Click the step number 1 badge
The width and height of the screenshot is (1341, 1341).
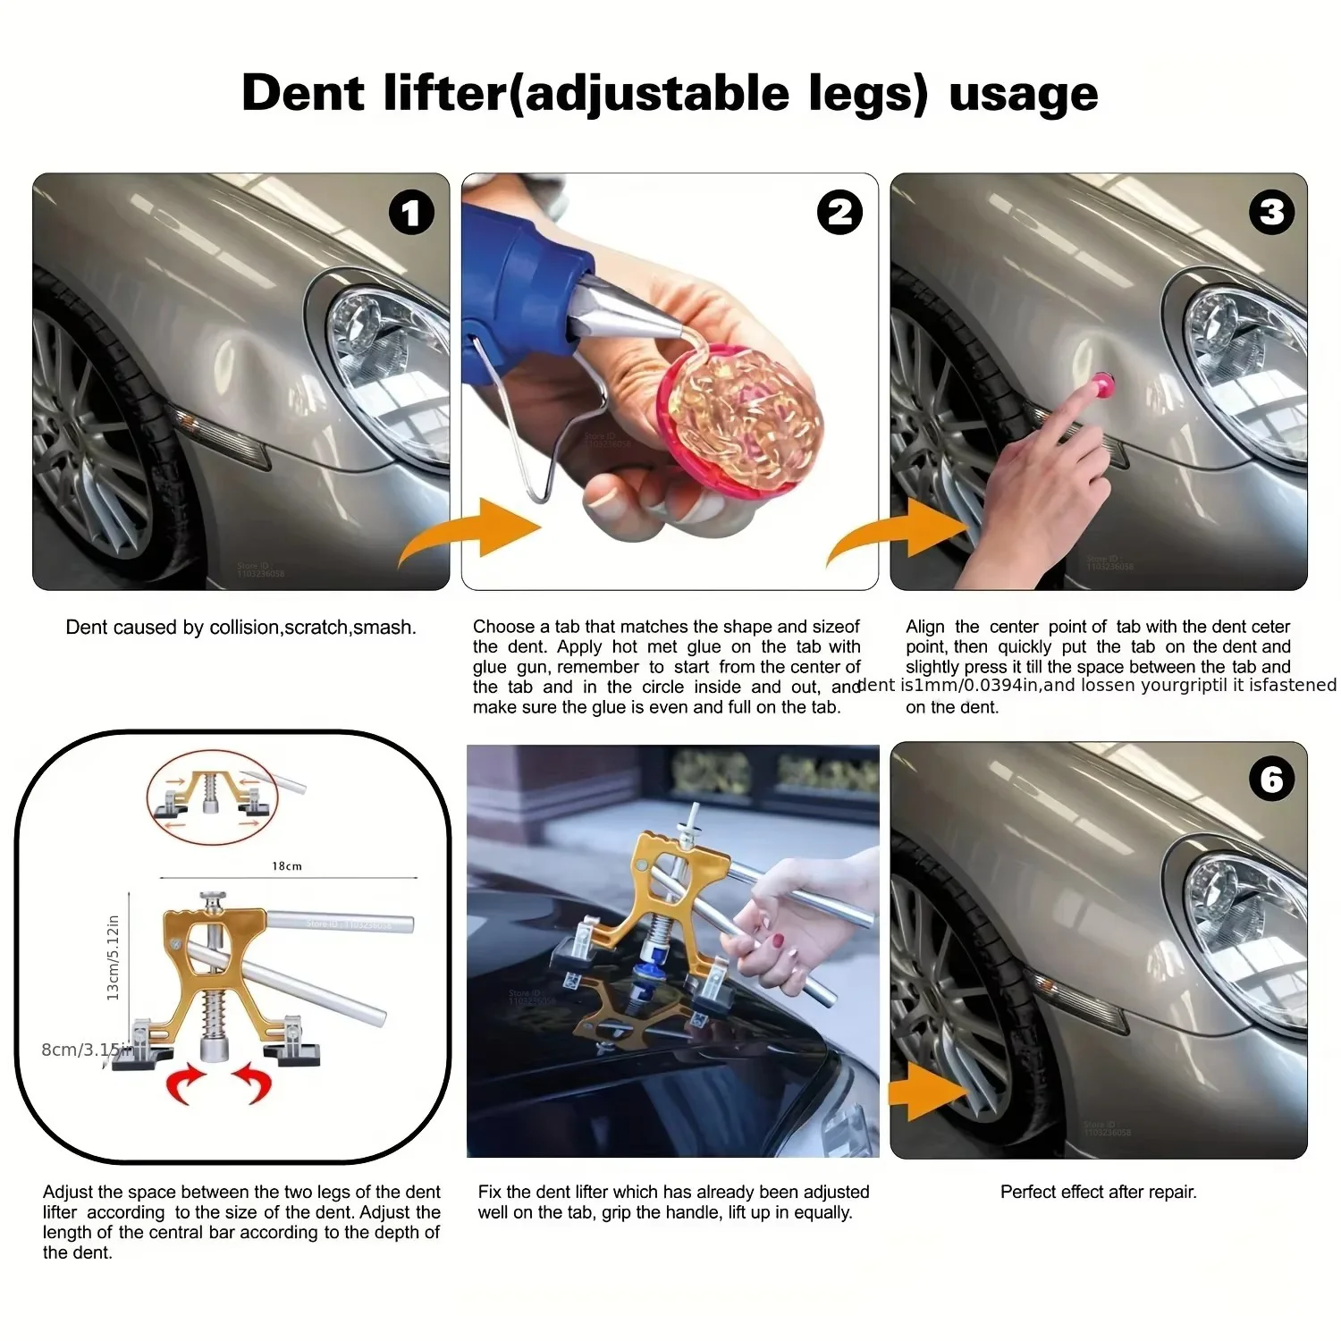click(x=411, y=213)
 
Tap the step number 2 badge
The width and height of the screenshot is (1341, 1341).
click(x=839, y=213)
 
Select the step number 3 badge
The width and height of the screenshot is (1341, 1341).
click(x=1270, y=213)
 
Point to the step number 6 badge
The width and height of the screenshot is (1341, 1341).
click(x=1270, y=779)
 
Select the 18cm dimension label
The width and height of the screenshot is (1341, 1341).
click(x=287, y=866)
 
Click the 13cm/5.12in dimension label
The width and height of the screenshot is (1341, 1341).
click(x=114, y=957)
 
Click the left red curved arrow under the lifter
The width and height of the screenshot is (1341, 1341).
click(x=186, y=1084)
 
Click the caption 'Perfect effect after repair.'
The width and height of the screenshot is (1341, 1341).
click(x=1098, y=1192)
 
